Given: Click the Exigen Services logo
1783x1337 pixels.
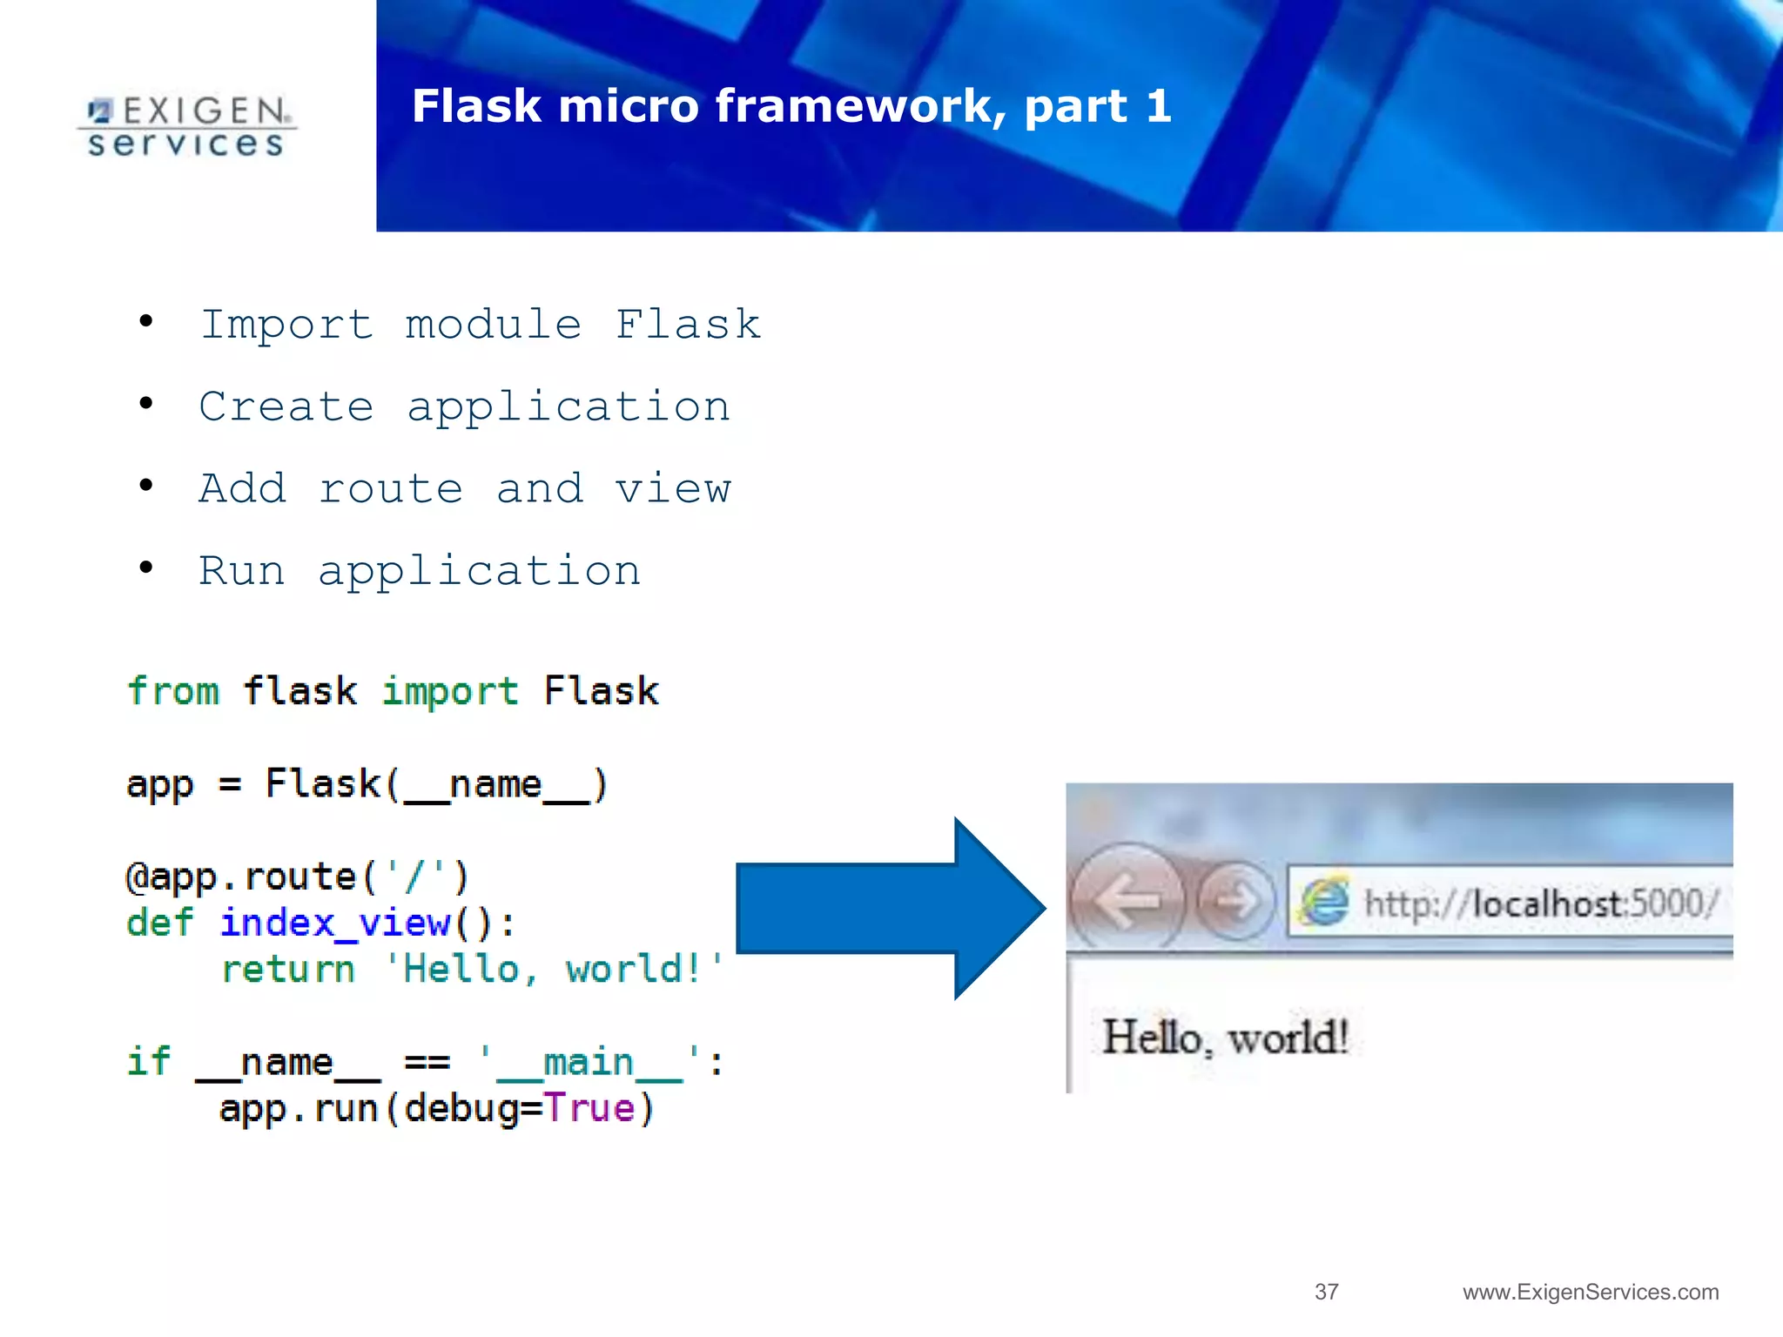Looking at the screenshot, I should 186,127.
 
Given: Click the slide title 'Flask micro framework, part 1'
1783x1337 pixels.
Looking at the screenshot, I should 791,106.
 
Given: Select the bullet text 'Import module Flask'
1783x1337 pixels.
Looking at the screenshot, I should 481,325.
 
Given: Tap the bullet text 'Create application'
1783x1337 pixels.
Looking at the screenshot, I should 464,406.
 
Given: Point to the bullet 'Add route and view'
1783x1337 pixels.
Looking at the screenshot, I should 465,488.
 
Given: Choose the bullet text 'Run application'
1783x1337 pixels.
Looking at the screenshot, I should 420,571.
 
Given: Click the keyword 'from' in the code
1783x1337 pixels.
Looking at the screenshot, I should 173,692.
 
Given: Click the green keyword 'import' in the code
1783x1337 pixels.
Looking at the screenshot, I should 450,692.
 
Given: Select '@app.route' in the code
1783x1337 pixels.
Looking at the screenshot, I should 240,877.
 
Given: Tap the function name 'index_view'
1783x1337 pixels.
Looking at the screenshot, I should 335,923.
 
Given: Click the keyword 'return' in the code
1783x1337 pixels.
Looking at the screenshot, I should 288,970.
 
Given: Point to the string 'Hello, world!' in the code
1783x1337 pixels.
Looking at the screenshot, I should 554,970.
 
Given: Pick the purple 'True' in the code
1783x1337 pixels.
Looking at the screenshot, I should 590,1109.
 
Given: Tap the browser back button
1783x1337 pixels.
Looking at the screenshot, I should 1126,900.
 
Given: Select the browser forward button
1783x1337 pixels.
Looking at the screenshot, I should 1235,902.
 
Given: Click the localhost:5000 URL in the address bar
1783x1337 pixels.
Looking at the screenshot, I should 1541,904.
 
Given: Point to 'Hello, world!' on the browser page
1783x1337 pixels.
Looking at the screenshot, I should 1225,1038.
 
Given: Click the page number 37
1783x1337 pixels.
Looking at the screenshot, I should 1326,1292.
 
